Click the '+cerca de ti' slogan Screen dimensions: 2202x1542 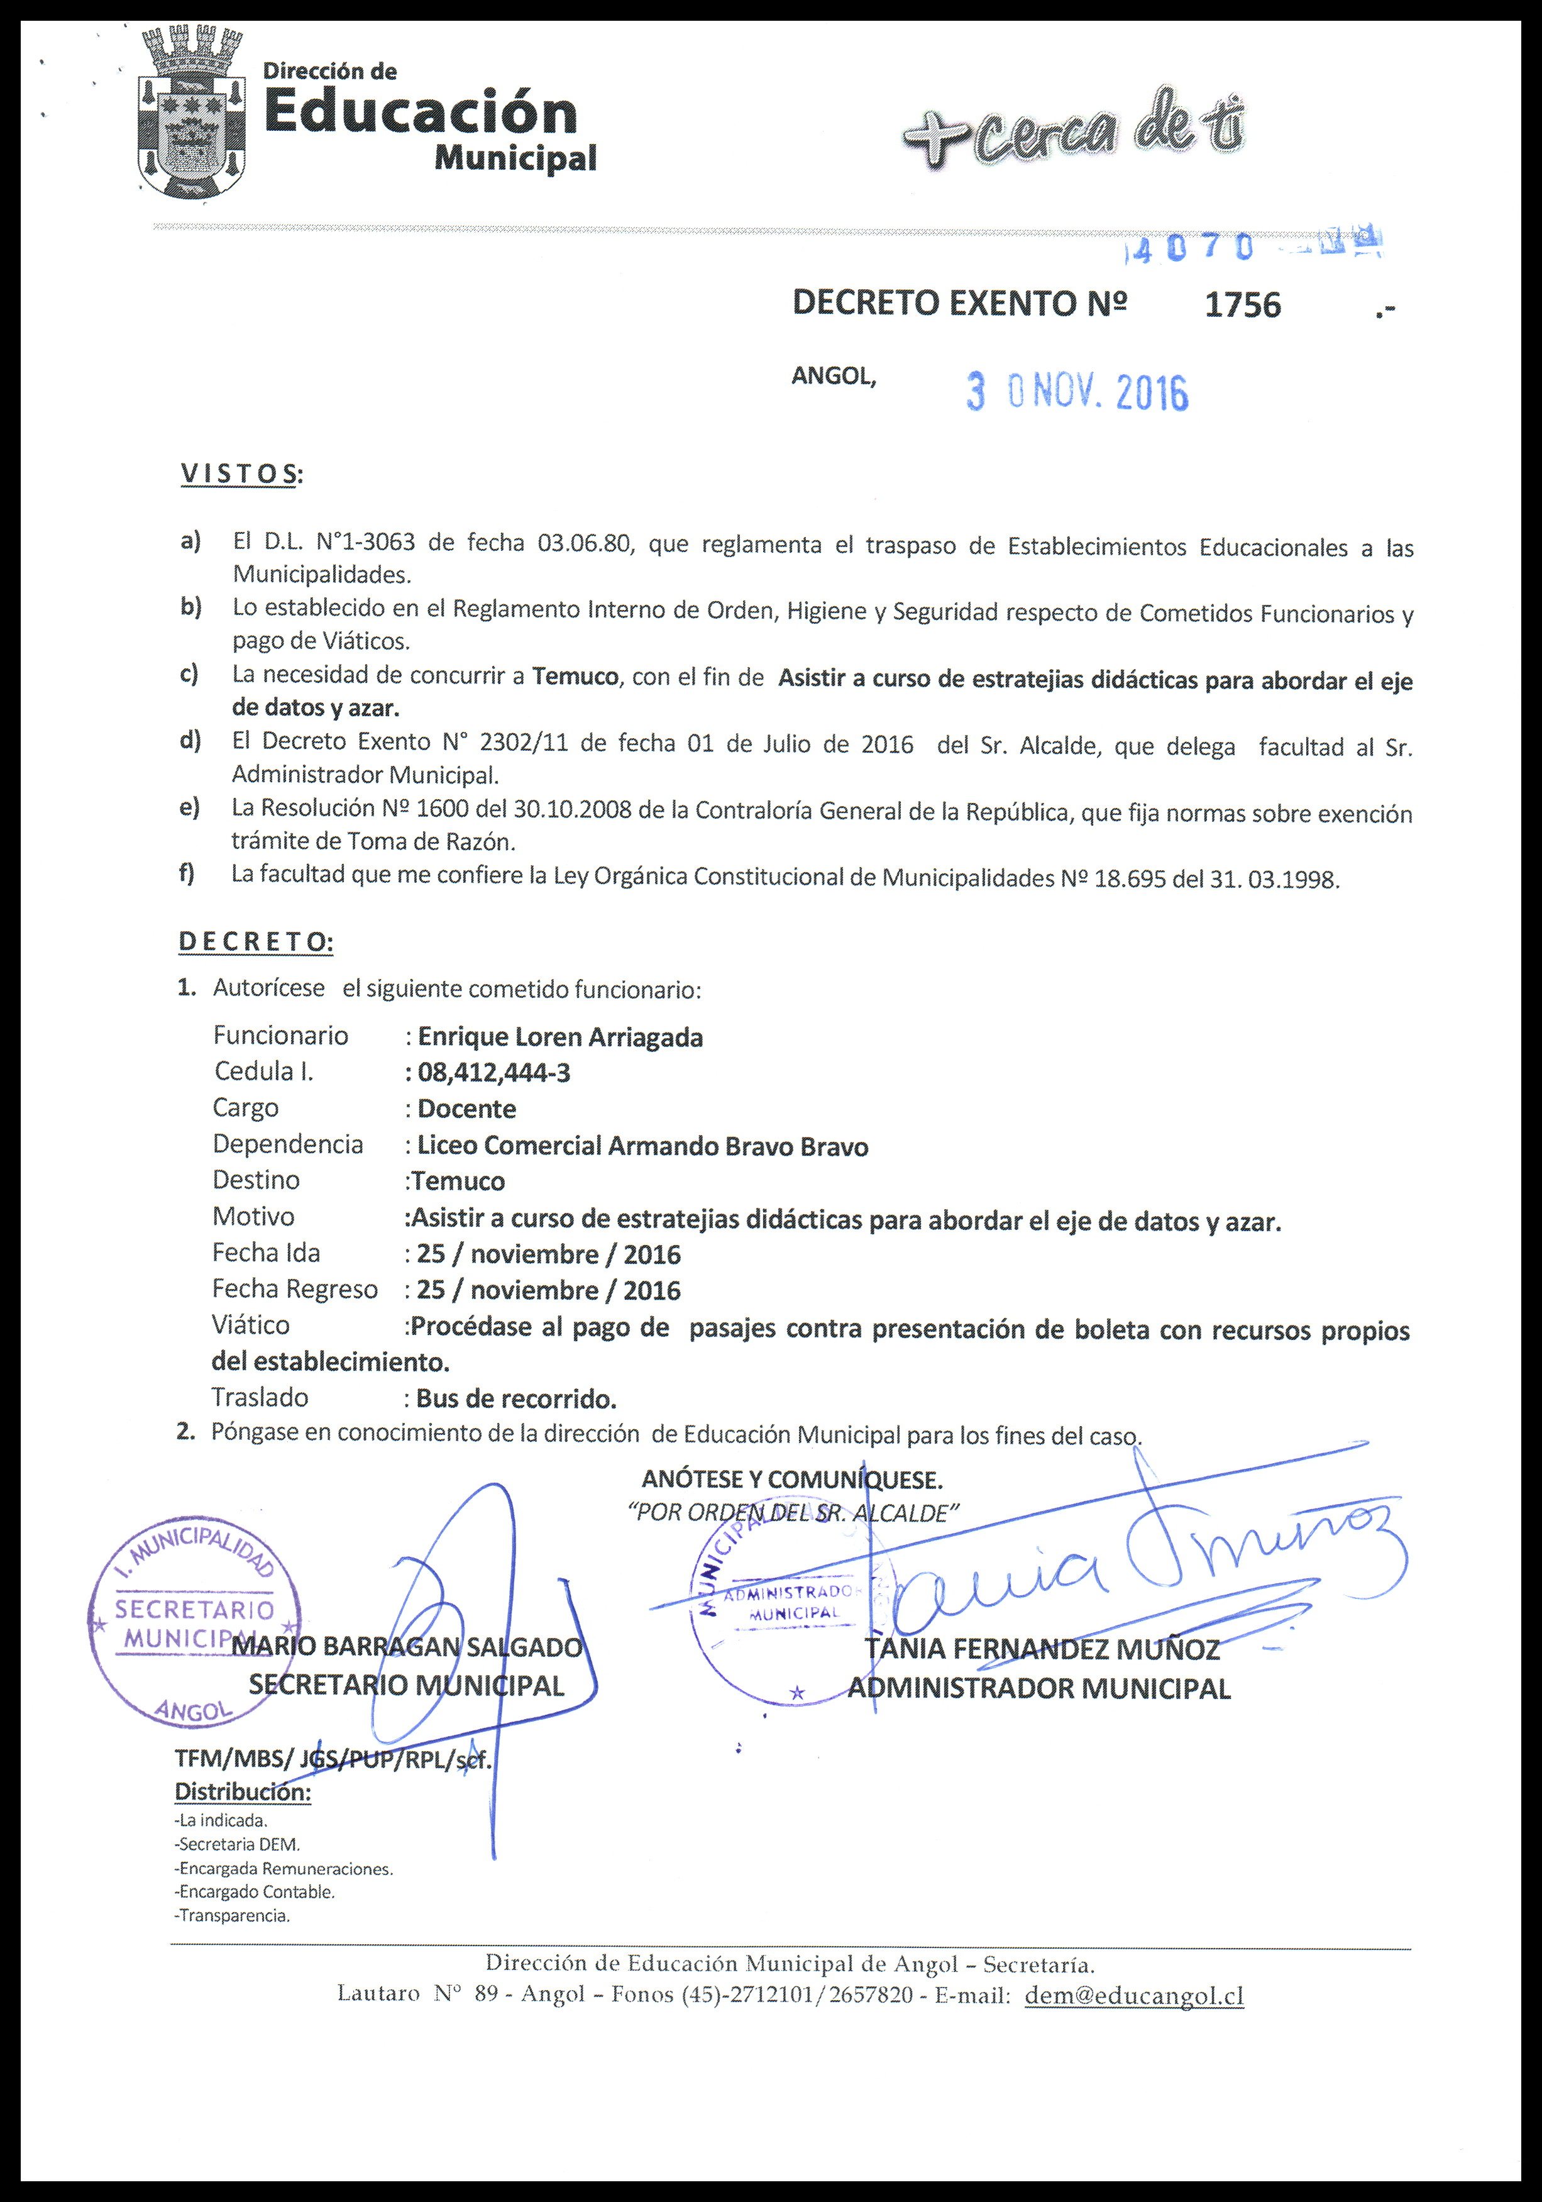click(x=1075, y=135)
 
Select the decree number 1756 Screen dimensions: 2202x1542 click(x=1242, y=305)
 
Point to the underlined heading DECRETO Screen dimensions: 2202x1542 click(x=255, y=942)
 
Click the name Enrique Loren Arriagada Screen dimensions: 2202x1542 click(x=560, y=1037)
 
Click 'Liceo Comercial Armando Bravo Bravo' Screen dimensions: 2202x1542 click(x=642, y=1146)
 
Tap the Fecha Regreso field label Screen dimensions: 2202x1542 click(x=294, y=1289)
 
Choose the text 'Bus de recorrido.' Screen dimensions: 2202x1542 click(x=516, y=1398)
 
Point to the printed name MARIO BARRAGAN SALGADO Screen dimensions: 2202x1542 click(x=407, y=1647)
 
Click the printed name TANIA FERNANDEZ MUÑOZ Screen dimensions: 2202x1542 click(x=1042, y=1649)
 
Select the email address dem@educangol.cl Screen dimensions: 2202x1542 click(x=1135, y=1995)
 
